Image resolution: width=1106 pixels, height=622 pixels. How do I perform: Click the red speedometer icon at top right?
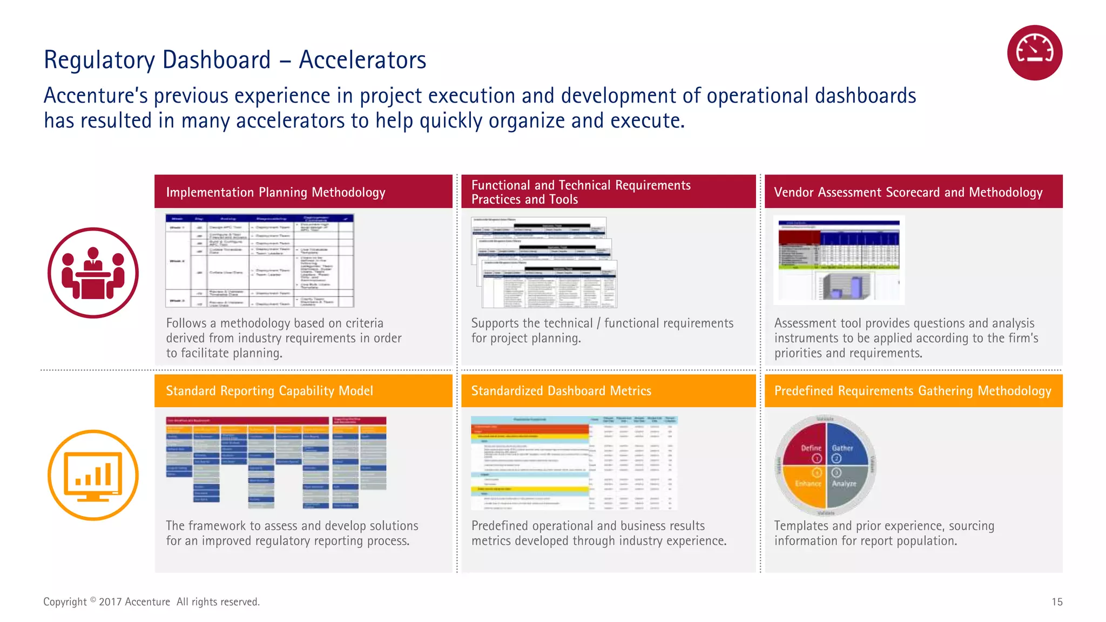[1034, 53]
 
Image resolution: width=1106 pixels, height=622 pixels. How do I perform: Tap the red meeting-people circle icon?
[93, 273]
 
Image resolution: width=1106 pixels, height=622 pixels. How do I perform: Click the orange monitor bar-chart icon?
[93, 475]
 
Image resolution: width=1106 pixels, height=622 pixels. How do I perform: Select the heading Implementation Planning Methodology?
[275, 192]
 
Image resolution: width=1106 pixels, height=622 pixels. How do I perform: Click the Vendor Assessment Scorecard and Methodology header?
[908, 192]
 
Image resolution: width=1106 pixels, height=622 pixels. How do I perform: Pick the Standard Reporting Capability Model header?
[269, 391]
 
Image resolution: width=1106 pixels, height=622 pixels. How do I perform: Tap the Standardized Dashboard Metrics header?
[561, 391]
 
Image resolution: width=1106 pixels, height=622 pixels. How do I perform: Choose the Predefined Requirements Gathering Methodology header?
[913, 391]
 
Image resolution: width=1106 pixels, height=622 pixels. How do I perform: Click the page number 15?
[1057, 602]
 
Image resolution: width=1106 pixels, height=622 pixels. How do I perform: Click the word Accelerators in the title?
[362, 60]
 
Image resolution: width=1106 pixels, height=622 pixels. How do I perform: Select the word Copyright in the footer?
[65, 602]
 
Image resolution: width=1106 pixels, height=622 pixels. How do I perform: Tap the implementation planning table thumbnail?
[260, 261]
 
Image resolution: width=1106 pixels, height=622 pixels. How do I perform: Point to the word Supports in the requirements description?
[494, 323]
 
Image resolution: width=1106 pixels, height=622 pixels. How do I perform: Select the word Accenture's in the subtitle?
[95, 96]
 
